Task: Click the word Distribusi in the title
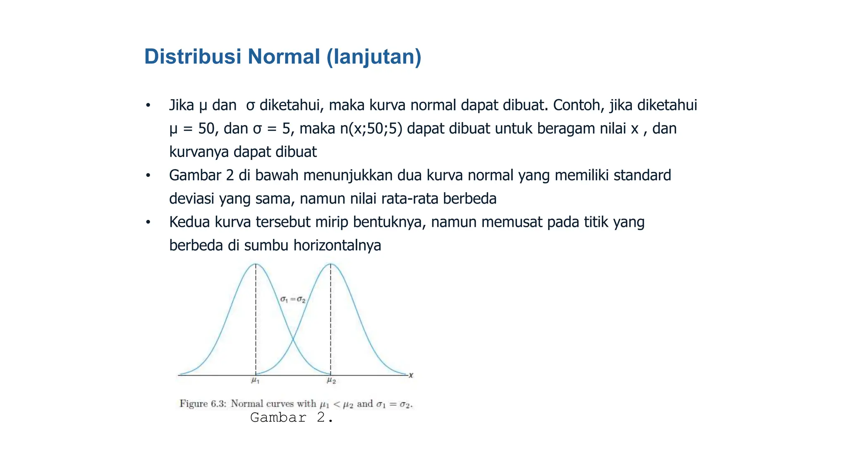coord(192,57)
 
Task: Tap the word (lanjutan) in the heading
coord(374,57)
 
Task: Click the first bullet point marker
coord(148,105)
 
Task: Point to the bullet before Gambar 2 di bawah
coord(148,176)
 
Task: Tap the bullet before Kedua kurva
coord(148,222)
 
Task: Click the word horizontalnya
coord(337,245)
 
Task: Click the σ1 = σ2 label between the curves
coord(293,300)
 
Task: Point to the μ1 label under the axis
coord(255,380)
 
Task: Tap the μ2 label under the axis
coord(331,380)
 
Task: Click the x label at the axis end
coord(411,375)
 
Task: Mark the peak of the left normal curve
coord(256,264)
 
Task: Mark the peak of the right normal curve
coord(330,264)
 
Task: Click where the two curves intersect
coord(293,340)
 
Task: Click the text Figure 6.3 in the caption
coord(202,404)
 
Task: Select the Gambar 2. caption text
coord(292,417)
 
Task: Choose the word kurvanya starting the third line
coord(199,152)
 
